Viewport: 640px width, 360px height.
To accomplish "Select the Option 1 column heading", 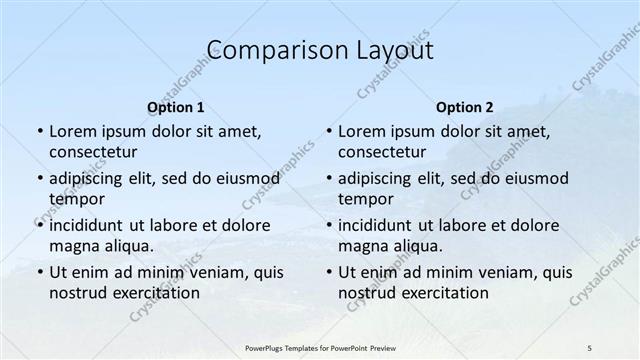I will click(x=176, y=106).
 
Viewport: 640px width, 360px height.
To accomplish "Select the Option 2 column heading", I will click(x=465, y=106).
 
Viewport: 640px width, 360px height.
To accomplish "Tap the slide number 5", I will click(x=590, y=347).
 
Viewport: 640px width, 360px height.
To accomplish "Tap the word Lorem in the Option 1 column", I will click(x=72, y=131).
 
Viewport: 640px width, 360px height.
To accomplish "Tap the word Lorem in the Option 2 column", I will click(x=361, y=131).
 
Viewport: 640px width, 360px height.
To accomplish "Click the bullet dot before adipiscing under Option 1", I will click(x=39, y=178).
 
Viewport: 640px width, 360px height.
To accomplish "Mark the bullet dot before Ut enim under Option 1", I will click(x=39, y=272).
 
